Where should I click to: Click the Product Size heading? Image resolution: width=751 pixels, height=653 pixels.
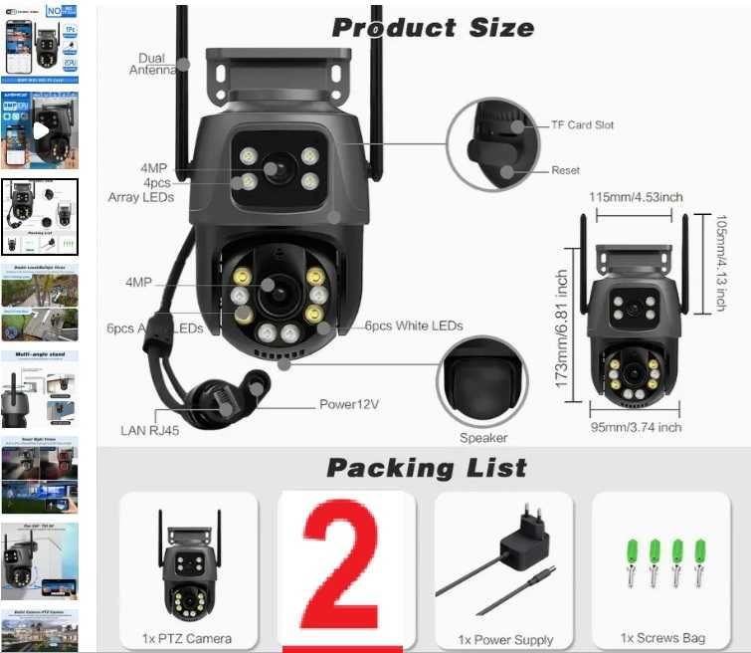[x=432, y=27]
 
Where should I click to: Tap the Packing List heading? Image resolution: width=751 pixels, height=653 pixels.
[x=427, y=468]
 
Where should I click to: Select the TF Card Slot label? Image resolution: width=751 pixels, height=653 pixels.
[x=583, y=125]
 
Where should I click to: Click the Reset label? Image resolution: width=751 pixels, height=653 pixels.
[x=565, y=170]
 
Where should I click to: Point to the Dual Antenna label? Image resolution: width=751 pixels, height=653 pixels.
[x=152, y=65]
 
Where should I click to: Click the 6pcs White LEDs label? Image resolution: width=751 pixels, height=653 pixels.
[x=413, y=326]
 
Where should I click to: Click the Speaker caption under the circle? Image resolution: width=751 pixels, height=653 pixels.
[x=483, y=438]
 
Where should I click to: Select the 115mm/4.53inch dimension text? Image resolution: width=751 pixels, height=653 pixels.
[x=636, y=197]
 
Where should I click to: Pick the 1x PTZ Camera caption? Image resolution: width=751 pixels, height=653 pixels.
[x=188, y=638]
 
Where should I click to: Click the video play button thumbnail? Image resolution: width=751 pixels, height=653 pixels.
[x=41, y=130]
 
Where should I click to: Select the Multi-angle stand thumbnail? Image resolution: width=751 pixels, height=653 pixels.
[x=40, y=388]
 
